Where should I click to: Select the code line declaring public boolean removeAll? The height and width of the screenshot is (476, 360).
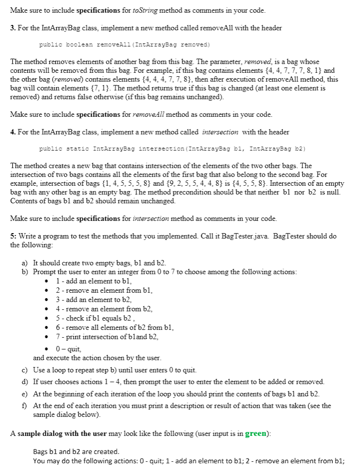124,44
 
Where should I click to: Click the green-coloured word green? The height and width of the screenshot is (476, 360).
255,433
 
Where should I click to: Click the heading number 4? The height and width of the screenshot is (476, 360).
13,132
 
